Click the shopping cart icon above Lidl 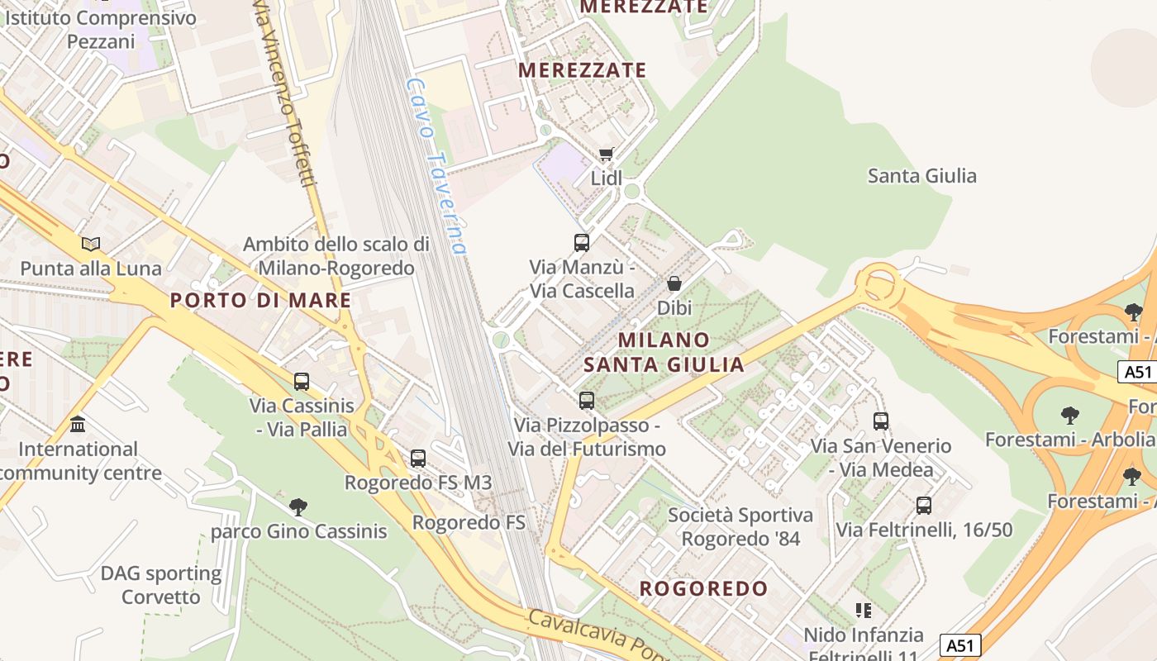click(x=607, y=155)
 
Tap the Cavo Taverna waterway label click(x=436, y=165)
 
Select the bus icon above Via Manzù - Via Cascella click(x=582, y=243)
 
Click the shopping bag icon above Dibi click(x=674, y=283)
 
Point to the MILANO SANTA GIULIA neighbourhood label click(x=664, y=352)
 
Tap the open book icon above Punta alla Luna click(x=91, y=244)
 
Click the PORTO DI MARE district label click(x=261, y=301)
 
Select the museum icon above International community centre click(x=78, y=425)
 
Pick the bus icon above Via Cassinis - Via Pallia click(x=302, y=382)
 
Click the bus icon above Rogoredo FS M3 click(x=418, y=458)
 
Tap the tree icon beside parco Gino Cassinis click(x=298, y=506)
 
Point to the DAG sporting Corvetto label click(x=161, y=585)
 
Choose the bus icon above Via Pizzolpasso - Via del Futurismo click(x=587, y=401)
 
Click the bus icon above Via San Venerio click(x=881, y=421)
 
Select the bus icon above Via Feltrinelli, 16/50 click(x=924, y=505)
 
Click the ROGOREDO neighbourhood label click(x=704, y=589)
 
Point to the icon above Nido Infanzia click(x=864, y=611)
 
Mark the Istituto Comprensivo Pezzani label click(x=101, y=29)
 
